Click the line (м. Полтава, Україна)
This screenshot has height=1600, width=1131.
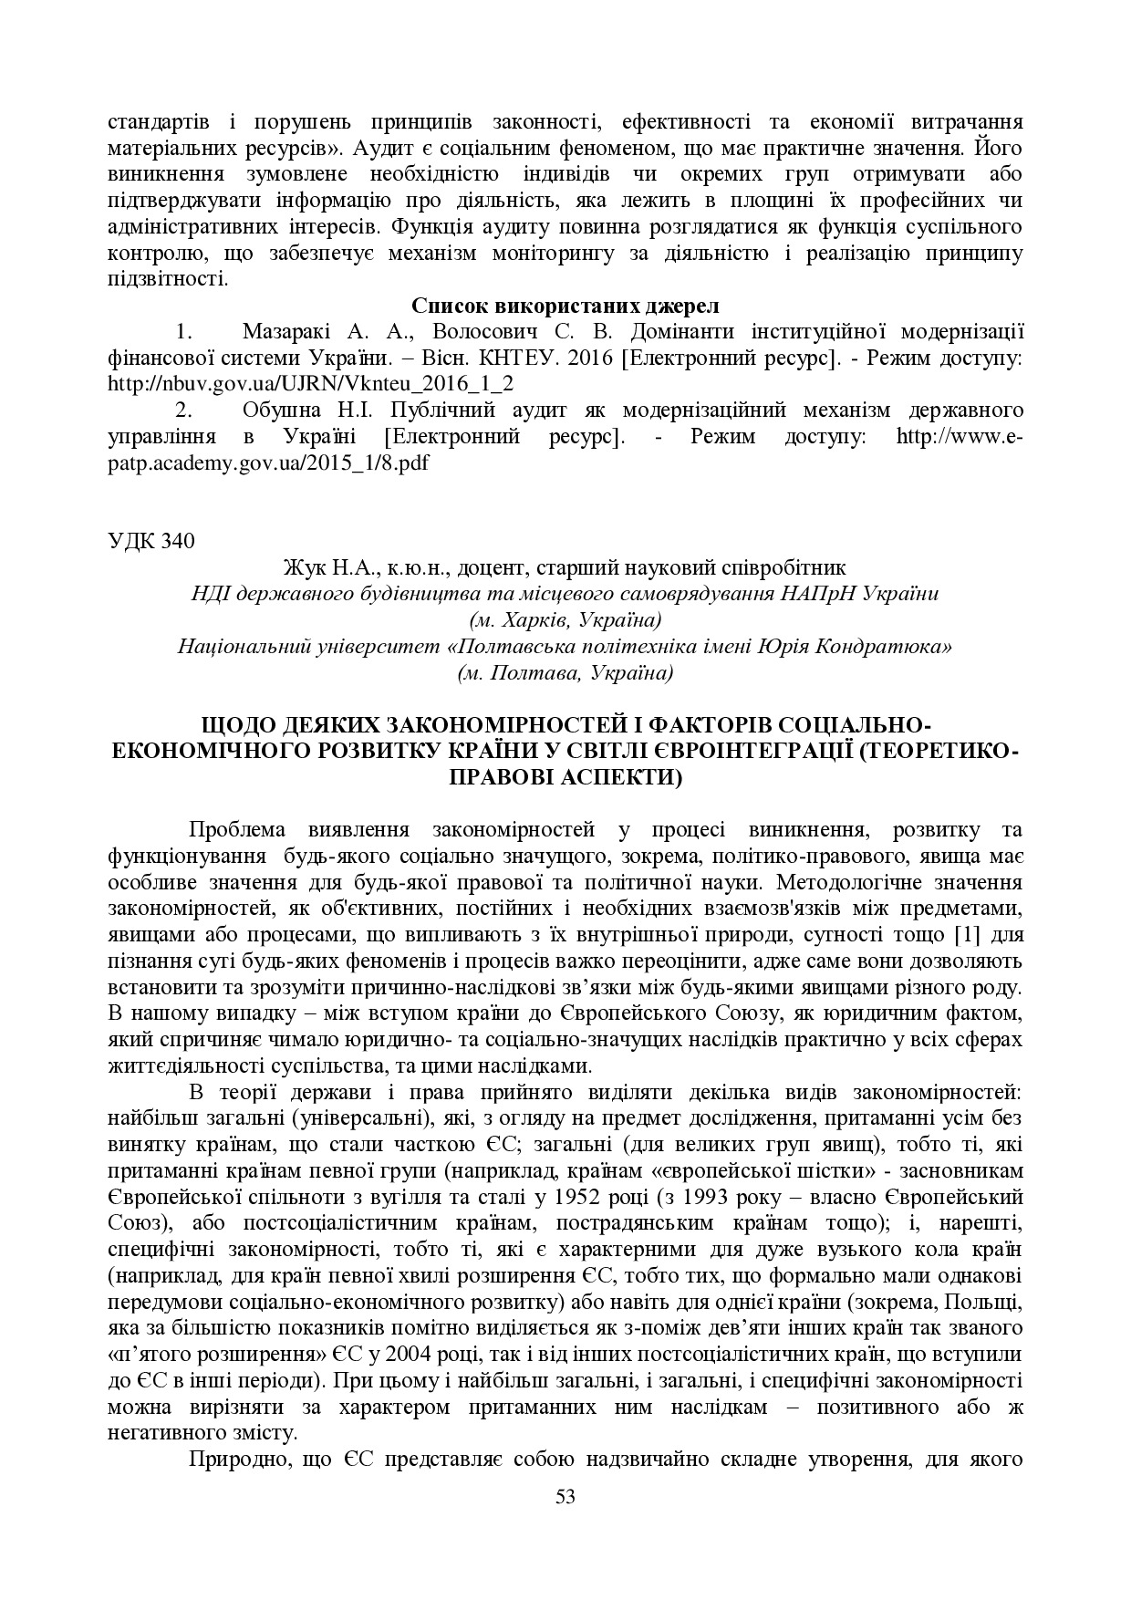pos(565,673)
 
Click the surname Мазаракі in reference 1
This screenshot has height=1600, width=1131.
pos(290,331)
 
